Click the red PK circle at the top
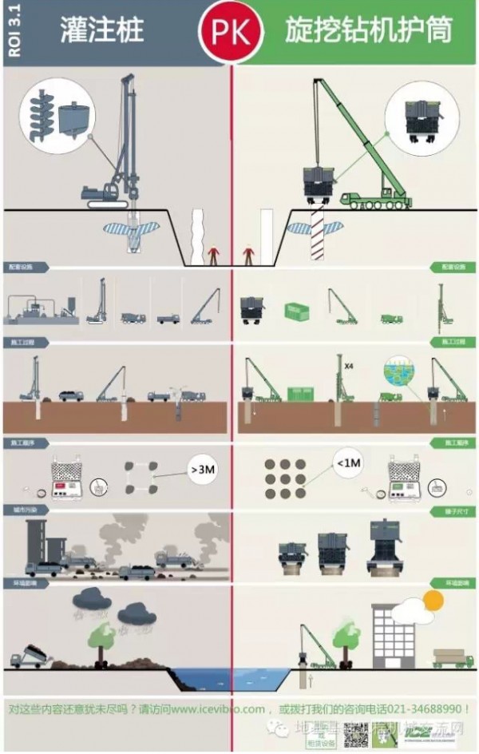click(x=232, y=32)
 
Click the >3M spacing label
click(x=203, y=470)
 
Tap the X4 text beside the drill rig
click(x=348, y=366)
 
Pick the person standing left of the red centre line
click(x=213, y=256)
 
